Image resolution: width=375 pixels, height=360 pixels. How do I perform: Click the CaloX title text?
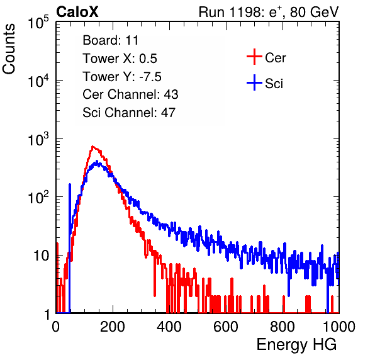click(77, 12)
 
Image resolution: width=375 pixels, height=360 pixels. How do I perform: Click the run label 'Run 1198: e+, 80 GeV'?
click(269, 12)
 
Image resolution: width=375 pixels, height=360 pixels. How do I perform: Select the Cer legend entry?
click(266, 57)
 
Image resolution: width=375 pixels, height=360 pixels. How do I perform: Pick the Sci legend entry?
click(265, 83)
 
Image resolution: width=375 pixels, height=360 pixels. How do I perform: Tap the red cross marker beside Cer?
click(254, 57)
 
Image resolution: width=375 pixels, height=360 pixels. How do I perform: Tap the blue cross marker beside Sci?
click(254, 82)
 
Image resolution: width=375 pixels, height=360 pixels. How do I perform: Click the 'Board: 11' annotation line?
click(111, 40)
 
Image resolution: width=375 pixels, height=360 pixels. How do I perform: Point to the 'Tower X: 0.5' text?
click(120, 59)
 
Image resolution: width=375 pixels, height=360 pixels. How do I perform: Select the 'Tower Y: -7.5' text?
click(122, 77)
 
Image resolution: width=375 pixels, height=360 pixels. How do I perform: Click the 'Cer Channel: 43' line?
click(130, 94)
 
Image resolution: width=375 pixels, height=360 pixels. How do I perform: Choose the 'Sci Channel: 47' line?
click(129, 113)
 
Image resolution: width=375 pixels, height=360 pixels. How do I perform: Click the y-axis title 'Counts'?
click(9, 49)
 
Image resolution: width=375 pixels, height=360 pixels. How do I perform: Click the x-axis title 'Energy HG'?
click(296, 345)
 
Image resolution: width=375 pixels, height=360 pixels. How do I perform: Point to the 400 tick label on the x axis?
click(169, 327)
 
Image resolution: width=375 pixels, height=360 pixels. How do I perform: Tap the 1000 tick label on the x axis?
click(339, 327)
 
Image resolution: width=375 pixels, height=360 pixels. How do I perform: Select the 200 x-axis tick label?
click(113, 327)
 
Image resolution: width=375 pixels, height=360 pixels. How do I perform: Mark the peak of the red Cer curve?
click(92, 147)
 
